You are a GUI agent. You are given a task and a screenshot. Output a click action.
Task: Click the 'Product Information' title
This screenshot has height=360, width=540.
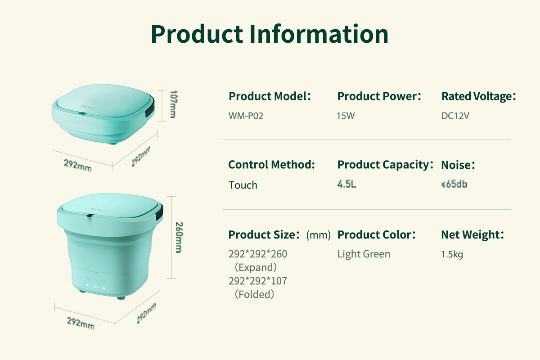pyautogui.click(x=270, y=34)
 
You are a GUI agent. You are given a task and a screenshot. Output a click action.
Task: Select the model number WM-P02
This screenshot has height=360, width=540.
pyautogui.click(x=246, y=116)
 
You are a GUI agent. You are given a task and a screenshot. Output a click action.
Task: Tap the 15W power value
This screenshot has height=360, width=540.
pyautogui.click(x=346, y=116)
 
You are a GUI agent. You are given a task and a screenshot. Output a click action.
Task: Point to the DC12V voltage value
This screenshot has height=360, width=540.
pyautogui.click(x=455, y=116)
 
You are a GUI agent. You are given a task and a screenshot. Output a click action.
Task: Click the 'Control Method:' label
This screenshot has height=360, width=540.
pyautogui.click(x=272, y=165)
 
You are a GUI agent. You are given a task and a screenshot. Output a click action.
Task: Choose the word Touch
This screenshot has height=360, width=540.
pyautogui.click(x=243, y=185)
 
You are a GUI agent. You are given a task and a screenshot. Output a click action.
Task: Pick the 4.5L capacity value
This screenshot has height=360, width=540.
pyautogui.click(x=346, y=184)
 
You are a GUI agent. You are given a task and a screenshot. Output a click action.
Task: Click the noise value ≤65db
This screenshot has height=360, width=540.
pyautogui.click(x=454, y=184)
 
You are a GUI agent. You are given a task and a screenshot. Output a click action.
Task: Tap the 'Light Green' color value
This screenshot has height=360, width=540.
pyautogui.click(x=364, y=254)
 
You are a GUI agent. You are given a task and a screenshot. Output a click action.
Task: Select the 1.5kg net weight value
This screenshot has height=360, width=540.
pyautogui.click(x=452, y=254)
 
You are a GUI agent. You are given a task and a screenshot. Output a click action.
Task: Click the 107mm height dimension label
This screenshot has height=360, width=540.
pyautogui.click(x=174, y=104)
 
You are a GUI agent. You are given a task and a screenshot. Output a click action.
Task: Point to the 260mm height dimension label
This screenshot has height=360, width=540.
pyautogui.click(x=179, y=238)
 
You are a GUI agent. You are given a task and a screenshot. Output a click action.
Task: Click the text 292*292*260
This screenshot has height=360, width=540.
pyautogui.click(x=258, y=254)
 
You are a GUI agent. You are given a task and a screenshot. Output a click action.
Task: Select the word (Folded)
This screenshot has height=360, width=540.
pyautogui.click(x=254, y=294)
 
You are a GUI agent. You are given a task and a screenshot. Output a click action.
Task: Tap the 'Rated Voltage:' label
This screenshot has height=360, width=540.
pyautogui.click(x=479, y=96)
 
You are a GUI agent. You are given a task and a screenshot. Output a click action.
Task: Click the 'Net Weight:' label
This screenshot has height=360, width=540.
pyautogui.click(x=472, y=234)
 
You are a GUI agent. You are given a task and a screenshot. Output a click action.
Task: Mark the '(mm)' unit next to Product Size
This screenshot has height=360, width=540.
pyautogui.click(x=319, y=235)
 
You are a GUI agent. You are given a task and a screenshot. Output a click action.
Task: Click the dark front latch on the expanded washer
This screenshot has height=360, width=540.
pyautogui.click(x=90, y=215)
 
